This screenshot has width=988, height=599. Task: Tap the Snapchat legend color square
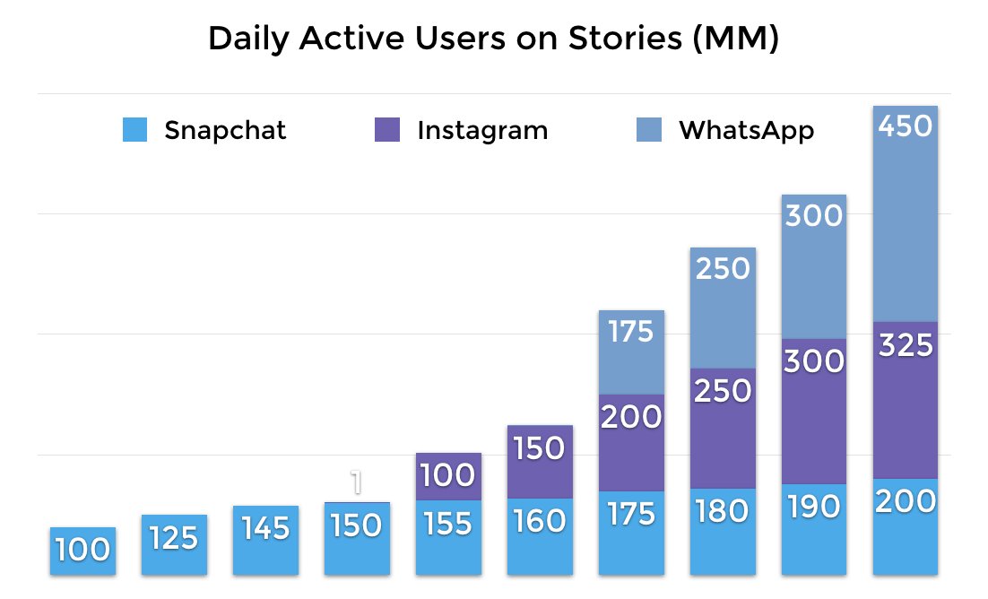[134, 131]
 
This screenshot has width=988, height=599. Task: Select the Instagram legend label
[482, 131]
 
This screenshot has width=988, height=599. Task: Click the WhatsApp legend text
[746, 131]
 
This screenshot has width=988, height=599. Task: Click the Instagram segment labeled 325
[906, 399]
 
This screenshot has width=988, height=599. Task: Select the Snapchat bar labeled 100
[82, 551]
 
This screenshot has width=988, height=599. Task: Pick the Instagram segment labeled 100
[448, 476]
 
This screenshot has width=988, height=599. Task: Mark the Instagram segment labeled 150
[540, 462]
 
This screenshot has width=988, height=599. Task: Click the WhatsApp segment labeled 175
[631, 352]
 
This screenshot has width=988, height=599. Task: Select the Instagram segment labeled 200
[631, 442]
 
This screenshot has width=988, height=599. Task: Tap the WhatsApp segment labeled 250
[723, 308]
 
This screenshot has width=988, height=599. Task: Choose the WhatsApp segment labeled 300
[814, 266]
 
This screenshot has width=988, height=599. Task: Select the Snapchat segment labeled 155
[448, 536]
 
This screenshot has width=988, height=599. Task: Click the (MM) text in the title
[736, 40]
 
